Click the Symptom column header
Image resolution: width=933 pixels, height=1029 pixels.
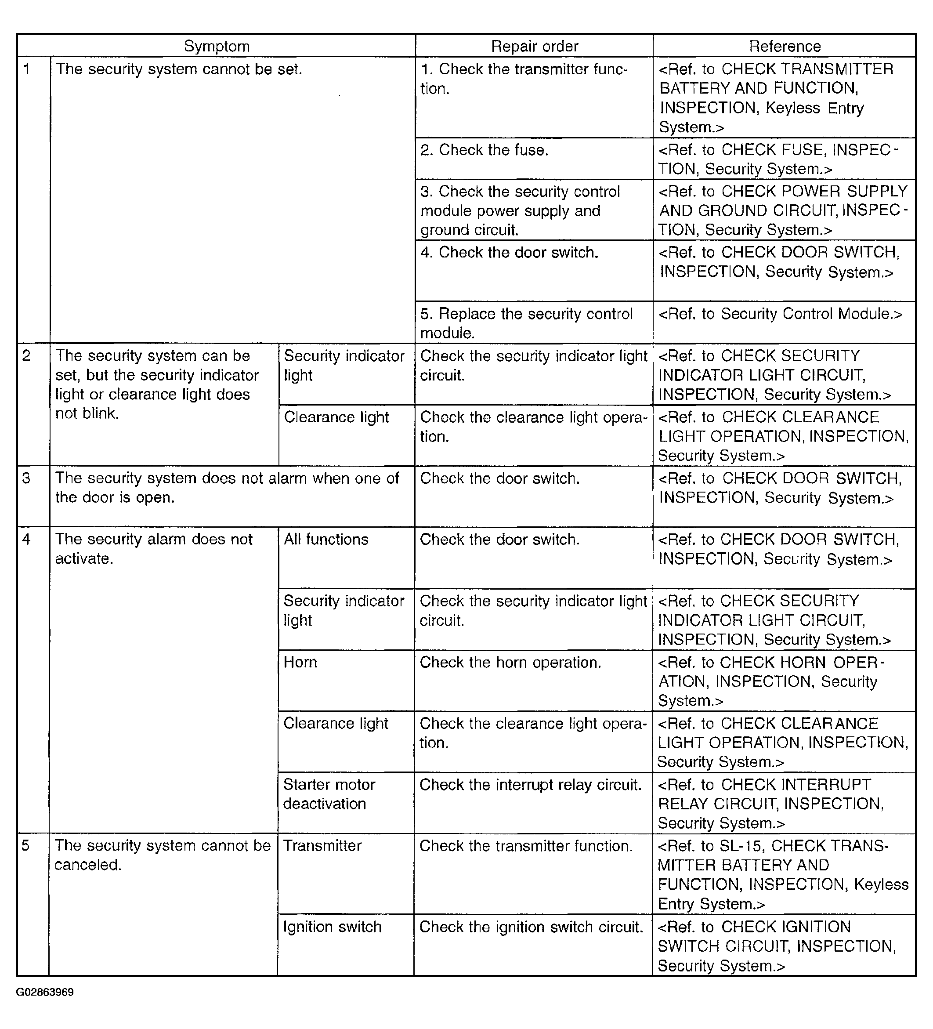pos(217,47)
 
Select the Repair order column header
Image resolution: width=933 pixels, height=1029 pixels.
pos(535,47)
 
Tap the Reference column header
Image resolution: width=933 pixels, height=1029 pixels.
pos(785,47)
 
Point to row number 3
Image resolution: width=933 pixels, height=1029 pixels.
pos(26,478)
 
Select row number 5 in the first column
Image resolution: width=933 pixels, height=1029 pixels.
pos(25,846)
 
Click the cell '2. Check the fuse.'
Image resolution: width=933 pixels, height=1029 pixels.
pos(484,150)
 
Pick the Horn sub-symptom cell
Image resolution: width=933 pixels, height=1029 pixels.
pos(300,663)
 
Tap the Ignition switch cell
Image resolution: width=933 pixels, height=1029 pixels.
pos(332,927)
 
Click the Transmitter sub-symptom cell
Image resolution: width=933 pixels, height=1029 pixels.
pos(322,846)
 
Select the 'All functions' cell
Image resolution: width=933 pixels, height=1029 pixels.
pos(326,540)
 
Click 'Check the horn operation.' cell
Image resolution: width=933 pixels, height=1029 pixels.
pos(510,663)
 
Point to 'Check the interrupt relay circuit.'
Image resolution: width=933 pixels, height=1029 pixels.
pos(530,785)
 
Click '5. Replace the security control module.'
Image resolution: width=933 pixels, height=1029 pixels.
pos(526,323)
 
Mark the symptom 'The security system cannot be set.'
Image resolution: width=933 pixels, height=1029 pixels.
pos(179,69)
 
